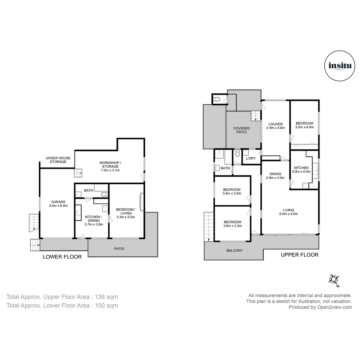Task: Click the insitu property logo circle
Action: [x=338, y=66]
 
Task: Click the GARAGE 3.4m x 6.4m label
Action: [x=58, y=204]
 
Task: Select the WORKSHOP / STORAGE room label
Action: [x=110, y=166]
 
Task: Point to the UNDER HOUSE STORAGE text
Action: [x=56, y=160]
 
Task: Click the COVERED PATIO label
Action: [x=241, y=130]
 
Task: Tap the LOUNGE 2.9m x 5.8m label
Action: [x=275, y=126]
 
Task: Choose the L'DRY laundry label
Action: [x=251, y=158]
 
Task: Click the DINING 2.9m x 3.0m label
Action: [x=275, y=176]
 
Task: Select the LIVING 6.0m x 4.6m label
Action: [x=289, y=212]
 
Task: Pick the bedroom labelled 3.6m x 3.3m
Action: [x=232, y=224]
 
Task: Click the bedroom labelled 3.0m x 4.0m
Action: [x=304, y=125]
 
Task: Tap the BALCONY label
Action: [x=234, y=250]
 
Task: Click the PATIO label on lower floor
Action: [x=119, y=248]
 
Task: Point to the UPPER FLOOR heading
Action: [x=299, y=255]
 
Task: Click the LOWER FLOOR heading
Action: [x=62, y=257]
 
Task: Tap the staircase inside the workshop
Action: [x=78, y=173]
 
